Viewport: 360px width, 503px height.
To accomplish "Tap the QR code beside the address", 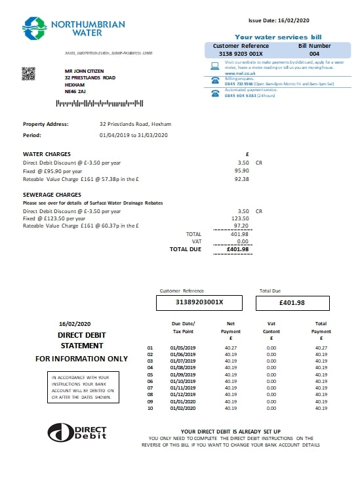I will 28,74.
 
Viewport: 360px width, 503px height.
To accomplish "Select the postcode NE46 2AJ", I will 75,92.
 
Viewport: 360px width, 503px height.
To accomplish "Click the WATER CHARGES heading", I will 47,154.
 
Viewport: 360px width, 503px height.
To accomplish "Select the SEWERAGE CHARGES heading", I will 52,195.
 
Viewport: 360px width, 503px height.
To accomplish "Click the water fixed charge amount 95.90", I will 243,170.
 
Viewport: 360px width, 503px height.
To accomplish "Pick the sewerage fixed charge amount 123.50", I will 241,218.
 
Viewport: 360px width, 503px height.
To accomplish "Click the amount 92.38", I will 243,178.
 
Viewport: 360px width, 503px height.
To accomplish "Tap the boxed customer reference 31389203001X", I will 199,302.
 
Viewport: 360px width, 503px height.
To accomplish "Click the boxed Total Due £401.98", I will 292,302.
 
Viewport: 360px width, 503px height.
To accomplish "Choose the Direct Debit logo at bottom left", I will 77,431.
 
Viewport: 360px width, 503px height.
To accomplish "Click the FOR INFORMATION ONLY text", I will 81,359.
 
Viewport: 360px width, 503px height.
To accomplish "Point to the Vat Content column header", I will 272,327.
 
